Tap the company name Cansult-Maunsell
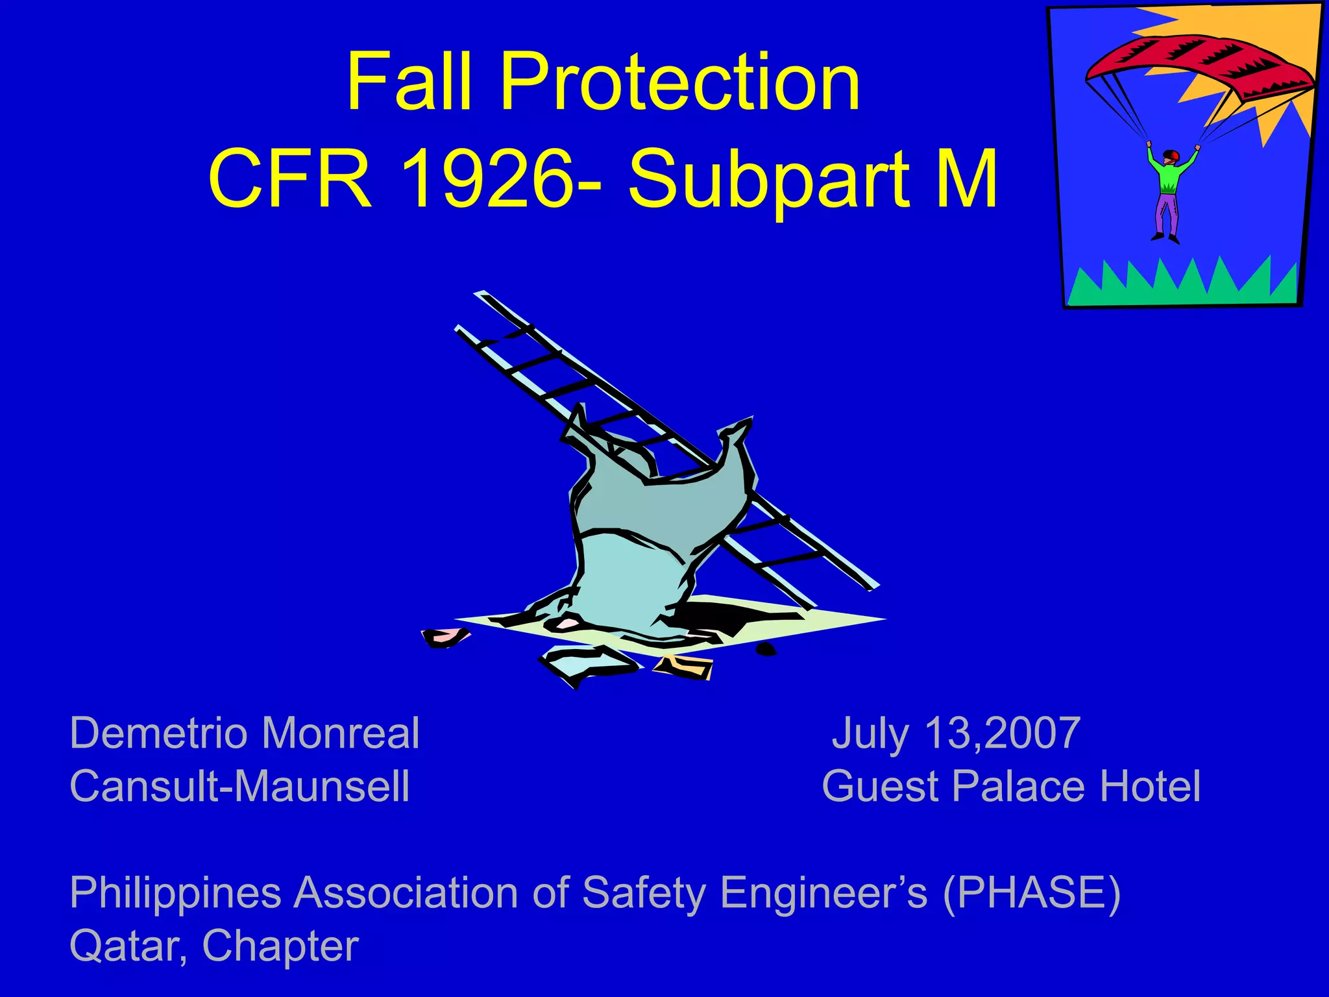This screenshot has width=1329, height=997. coord(239,786)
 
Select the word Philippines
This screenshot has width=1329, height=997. coord(175,893)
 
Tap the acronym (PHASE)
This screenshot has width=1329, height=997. coord(1032,893)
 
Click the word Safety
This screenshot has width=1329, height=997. coord(643,893)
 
